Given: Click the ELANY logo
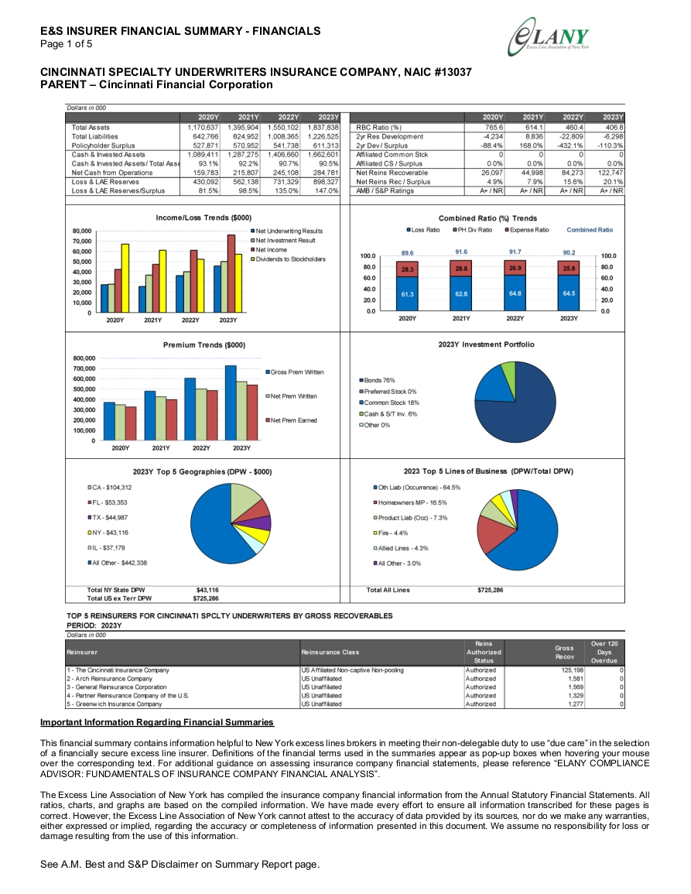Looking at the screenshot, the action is (548, 37).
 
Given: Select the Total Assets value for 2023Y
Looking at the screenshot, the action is (323, 128).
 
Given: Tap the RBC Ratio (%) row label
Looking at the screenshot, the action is (378, 128).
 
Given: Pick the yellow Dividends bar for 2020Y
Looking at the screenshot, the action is (125, 278).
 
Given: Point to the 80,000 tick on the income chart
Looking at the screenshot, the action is (82, 231).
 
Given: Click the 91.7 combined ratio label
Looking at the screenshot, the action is (515, 252).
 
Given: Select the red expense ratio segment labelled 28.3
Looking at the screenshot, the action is (407, 269).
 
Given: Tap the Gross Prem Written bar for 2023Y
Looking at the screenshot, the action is (231, 403).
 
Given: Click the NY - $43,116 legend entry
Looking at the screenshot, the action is (108, 533).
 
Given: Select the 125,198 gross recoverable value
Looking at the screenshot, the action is (573, 670).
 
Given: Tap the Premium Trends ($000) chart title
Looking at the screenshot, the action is (204, 345).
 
